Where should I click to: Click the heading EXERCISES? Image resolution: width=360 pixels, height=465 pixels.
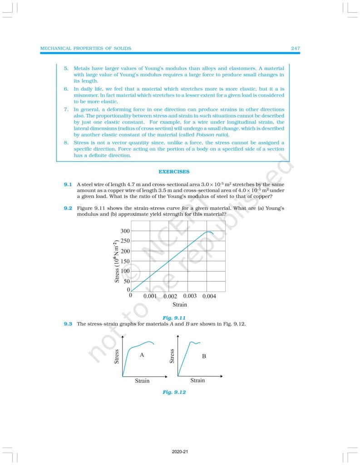click(x=173, y=172)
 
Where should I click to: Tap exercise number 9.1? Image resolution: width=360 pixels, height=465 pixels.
click(x=68, y=185)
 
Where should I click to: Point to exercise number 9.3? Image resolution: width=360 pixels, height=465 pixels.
click(x=68, y=324)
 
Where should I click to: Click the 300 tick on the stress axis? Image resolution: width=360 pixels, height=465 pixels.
click(x=125, y=231)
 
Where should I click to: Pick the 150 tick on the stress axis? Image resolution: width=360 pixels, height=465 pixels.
click(x=125, y=261)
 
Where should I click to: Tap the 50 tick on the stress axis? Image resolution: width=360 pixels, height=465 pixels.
click(x=127, y=281)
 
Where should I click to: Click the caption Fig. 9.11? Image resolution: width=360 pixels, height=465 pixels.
click(x=174, y=317)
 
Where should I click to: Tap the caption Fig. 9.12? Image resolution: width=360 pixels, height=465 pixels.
click(x=174, y=392)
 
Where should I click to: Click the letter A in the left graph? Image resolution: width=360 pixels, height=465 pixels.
click(x=142, y=355)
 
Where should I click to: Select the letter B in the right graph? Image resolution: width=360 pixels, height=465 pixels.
click(x=204, y=356)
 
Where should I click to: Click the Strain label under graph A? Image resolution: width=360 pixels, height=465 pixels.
click(x=142, y=381)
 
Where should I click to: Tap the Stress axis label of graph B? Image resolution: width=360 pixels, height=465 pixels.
click(x=172, y=356)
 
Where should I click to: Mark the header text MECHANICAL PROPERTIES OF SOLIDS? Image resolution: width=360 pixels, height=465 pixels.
click(x=86, y=48)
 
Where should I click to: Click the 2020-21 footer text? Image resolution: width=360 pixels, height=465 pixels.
click(x=180, y=452)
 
